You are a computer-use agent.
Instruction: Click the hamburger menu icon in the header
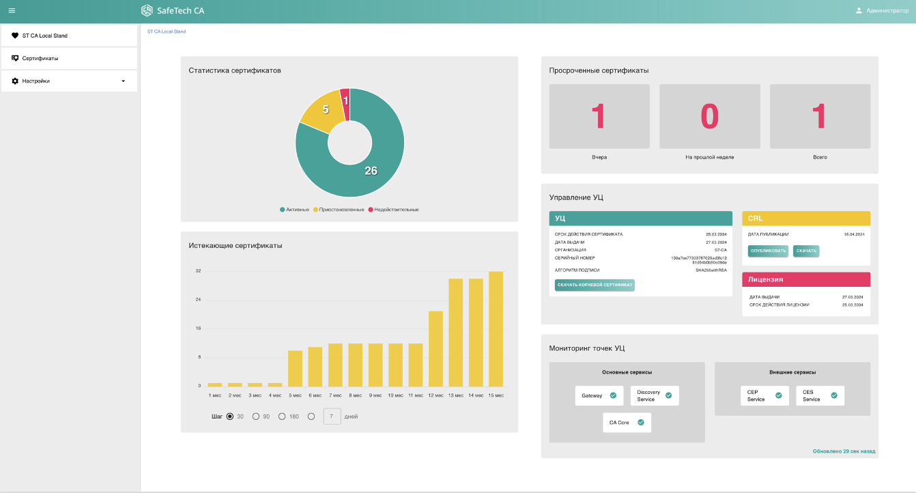(12, 10)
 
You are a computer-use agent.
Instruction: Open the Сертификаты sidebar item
(40, 58)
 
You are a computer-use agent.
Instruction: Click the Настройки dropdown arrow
(124, 81)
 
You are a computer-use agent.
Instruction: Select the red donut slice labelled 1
(345, 101)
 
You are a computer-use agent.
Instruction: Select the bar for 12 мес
(435, 348)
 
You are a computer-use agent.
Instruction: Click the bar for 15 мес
(496, 328)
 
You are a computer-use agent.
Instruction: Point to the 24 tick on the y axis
(198, 300)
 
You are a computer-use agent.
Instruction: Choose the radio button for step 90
(256, 417)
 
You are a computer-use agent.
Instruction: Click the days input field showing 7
(332, 417)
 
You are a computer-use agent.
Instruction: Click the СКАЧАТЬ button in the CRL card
(806, 251)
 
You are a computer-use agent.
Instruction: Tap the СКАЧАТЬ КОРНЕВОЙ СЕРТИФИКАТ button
(595, 285)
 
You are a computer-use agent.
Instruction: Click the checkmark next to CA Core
(641, 422)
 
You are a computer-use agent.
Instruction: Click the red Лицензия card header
(806, 279)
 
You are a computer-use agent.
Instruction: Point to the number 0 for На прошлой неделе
(710, 116)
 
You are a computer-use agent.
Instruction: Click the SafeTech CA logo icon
(147, 11)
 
